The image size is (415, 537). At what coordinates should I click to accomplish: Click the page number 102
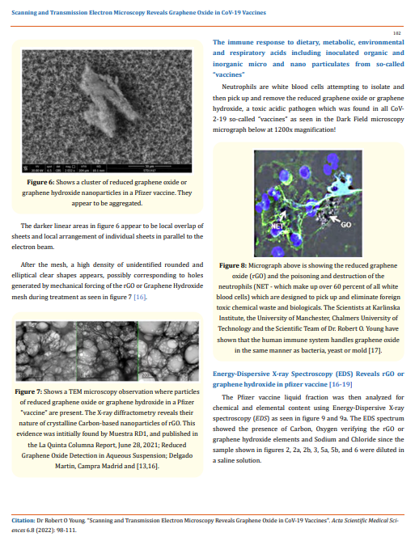pos(396,32)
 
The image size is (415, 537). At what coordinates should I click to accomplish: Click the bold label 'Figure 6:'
pos(41,183)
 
